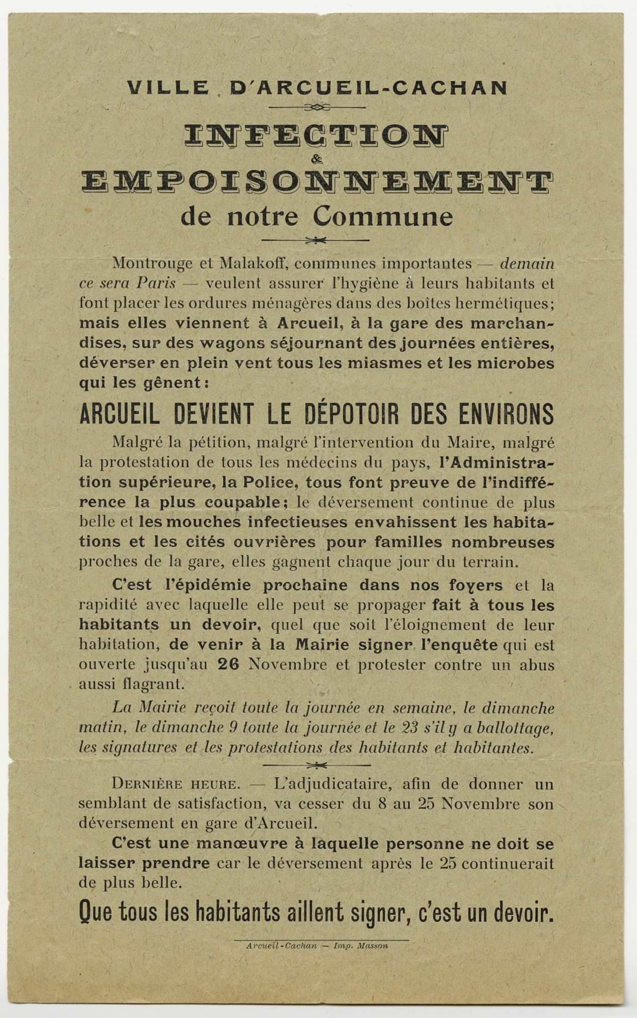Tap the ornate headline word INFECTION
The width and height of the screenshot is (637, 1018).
click(316, 136)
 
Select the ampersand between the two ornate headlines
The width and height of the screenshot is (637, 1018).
click(317, 160)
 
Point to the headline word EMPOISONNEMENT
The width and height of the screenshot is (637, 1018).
click(317, 183)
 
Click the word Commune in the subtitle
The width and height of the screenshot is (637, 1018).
click(382, 216)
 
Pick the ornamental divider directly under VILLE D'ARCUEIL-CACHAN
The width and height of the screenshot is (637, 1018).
click(317, 107)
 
